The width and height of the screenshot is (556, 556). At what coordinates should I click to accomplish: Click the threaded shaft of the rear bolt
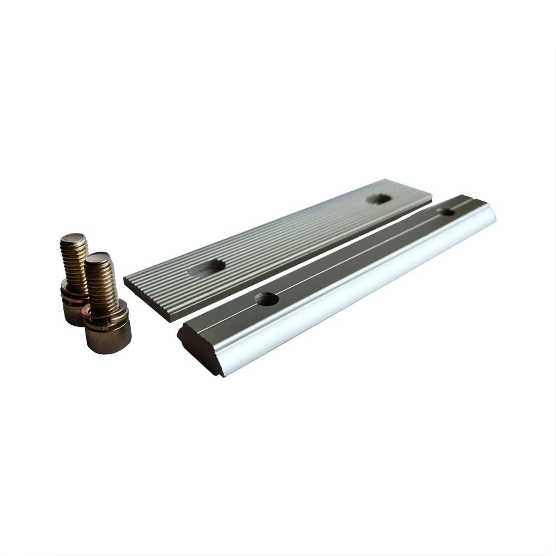(74, 261)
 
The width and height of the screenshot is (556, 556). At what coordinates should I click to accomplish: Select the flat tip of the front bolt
(98, 258)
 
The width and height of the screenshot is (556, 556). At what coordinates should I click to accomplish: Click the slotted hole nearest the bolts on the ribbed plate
(207, 269)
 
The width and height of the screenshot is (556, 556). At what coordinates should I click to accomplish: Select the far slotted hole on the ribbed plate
(380, 198)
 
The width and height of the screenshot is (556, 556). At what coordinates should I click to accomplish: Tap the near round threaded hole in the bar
(266, 299)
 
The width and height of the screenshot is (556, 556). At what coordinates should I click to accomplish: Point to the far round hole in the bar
(446, 212)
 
